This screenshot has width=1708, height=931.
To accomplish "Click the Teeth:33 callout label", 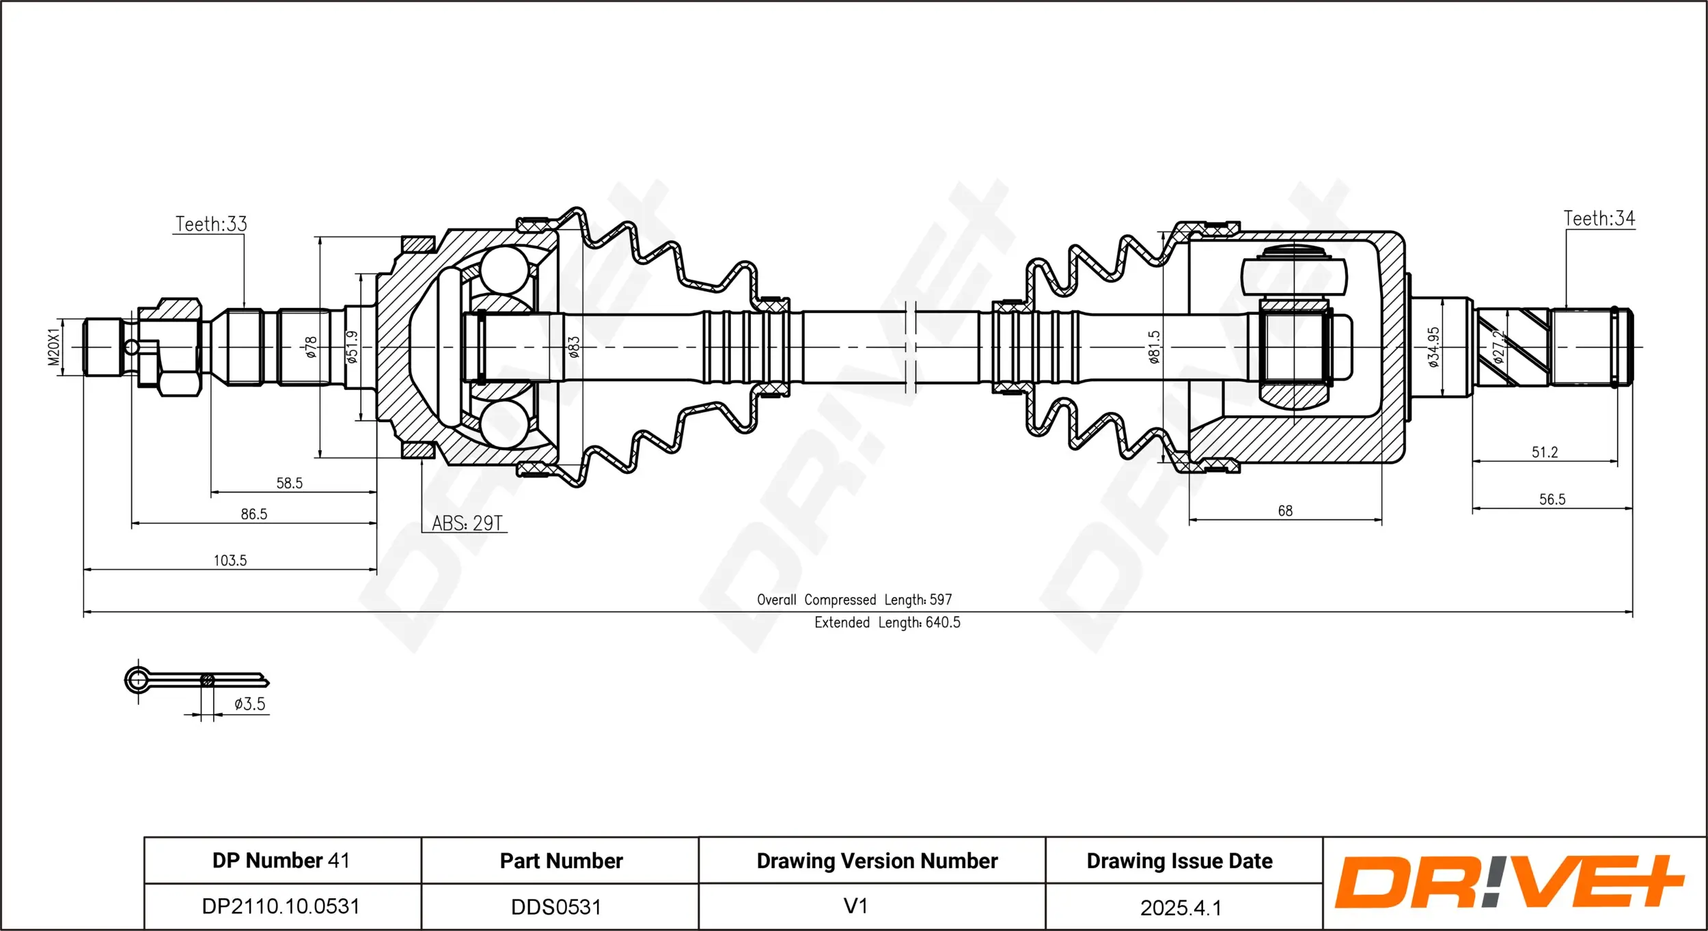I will click(x=211, y=224).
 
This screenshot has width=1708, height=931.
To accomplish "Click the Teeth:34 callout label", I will click(x=1599, y=219).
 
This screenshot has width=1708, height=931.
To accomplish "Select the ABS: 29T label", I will click(x=467, y=523).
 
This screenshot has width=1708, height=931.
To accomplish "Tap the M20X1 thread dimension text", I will click(x=54, y=347).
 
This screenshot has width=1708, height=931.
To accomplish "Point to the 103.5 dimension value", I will click(x=230, y=561).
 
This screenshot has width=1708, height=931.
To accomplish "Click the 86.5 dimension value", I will click(x=254, y=514).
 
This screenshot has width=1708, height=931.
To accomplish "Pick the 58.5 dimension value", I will click(x=289, y=484).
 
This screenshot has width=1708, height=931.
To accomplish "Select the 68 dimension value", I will click(x=1285, y=511).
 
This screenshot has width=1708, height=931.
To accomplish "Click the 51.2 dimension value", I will click(x=1545, y=452).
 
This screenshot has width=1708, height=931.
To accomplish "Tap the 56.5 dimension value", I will click(x=1552, y=499).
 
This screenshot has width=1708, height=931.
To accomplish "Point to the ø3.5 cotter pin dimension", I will click(x=249, y=704).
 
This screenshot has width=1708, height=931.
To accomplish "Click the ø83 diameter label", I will click(x=574, y=347).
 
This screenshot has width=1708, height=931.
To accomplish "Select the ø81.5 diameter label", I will click(x=1154, y=347).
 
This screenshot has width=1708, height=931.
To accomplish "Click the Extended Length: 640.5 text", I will click(x=887, y=623).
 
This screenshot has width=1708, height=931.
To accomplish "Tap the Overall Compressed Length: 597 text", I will click(x=854, y=600).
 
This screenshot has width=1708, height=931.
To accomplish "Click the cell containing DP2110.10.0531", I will click(x=281, y=906).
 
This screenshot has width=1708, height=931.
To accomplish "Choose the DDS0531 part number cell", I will click(x=556, y=907).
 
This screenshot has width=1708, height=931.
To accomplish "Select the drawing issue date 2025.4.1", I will click(x=1181, y=908).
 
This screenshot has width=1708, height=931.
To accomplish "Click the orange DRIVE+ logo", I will click(x=1510, y=882).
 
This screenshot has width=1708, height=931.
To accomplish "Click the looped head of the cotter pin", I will click(x=137, y=680).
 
